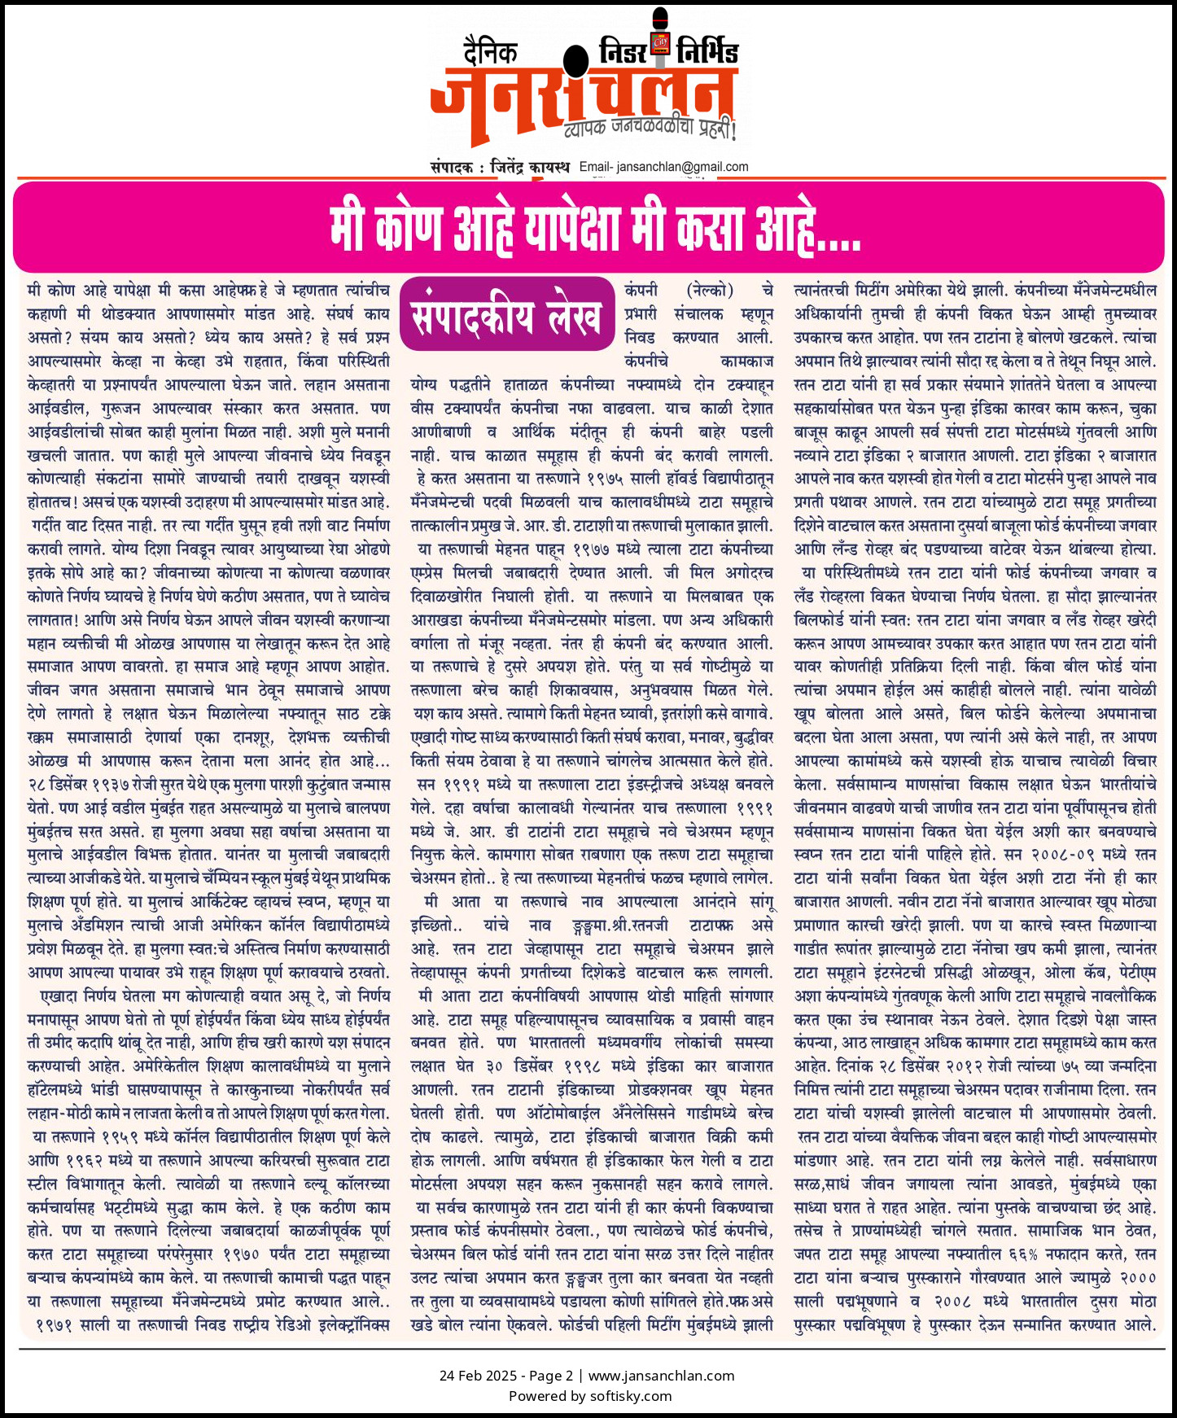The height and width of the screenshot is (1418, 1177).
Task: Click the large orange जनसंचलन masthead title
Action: click(582, 98)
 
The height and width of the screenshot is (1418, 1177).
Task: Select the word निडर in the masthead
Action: click(624, 53)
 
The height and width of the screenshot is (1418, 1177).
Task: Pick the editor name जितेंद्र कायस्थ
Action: click(530, 167)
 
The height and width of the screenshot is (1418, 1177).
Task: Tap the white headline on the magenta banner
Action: click(594, 228)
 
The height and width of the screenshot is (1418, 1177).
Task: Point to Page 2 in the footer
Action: click(551, 1376)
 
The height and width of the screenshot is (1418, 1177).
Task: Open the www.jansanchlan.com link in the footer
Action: click(661, 1376)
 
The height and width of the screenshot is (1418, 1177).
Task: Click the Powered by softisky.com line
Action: click(590, 1396)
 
